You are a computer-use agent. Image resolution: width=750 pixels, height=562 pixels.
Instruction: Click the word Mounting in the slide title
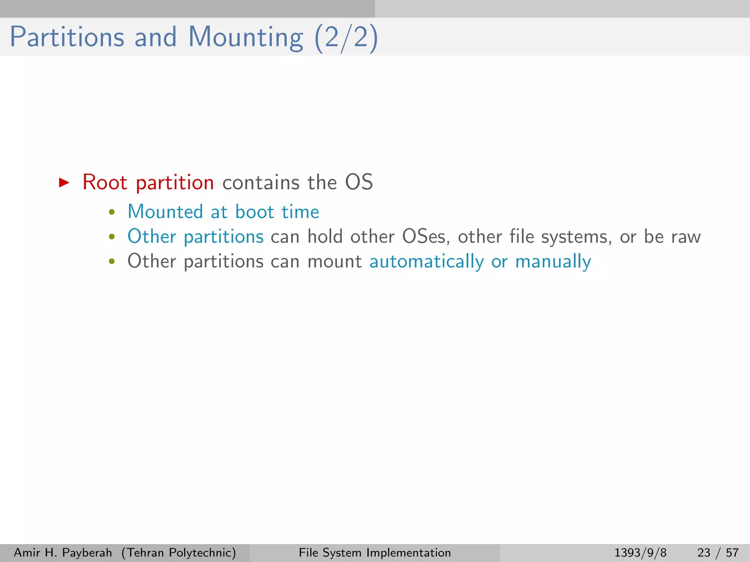[x=246, y=37]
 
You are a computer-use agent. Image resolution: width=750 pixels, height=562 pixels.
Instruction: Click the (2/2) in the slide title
[x=346, y=37]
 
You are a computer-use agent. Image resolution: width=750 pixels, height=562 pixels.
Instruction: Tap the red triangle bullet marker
[x=64, y=182]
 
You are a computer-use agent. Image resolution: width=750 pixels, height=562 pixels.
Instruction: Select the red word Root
[x=105, y=182]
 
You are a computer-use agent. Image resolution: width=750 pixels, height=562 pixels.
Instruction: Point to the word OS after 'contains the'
[x=359, y=182]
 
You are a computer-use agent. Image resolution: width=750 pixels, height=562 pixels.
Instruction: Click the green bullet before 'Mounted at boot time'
[x=112, y=212]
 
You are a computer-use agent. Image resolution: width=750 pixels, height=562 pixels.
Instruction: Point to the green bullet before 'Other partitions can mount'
[x=112, y=262]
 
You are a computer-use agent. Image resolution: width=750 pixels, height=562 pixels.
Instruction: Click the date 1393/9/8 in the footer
[x=640, y=552]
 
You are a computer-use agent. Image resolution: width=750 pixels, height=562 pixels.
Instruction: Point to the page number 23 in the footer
[x=704, y=552]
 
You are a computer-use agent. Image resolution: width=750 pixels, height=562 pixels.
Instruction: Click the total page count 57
[x=732, y=552]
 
